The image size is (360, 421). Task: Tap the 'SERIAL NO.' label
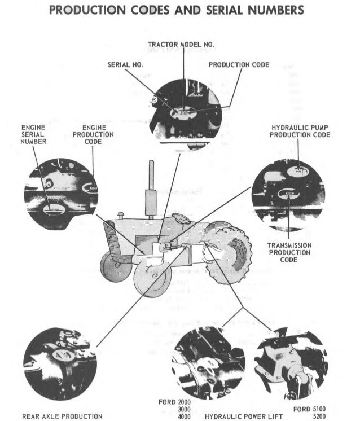tap(125, 65)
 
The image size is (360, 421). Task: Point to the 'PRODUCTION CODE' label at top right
tap(239, 65)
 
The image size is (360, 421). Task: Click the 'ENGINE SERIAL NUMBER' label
tap(33, 135)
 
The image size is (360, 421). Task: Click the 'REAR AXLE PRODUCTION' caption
tap(62, 416)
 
